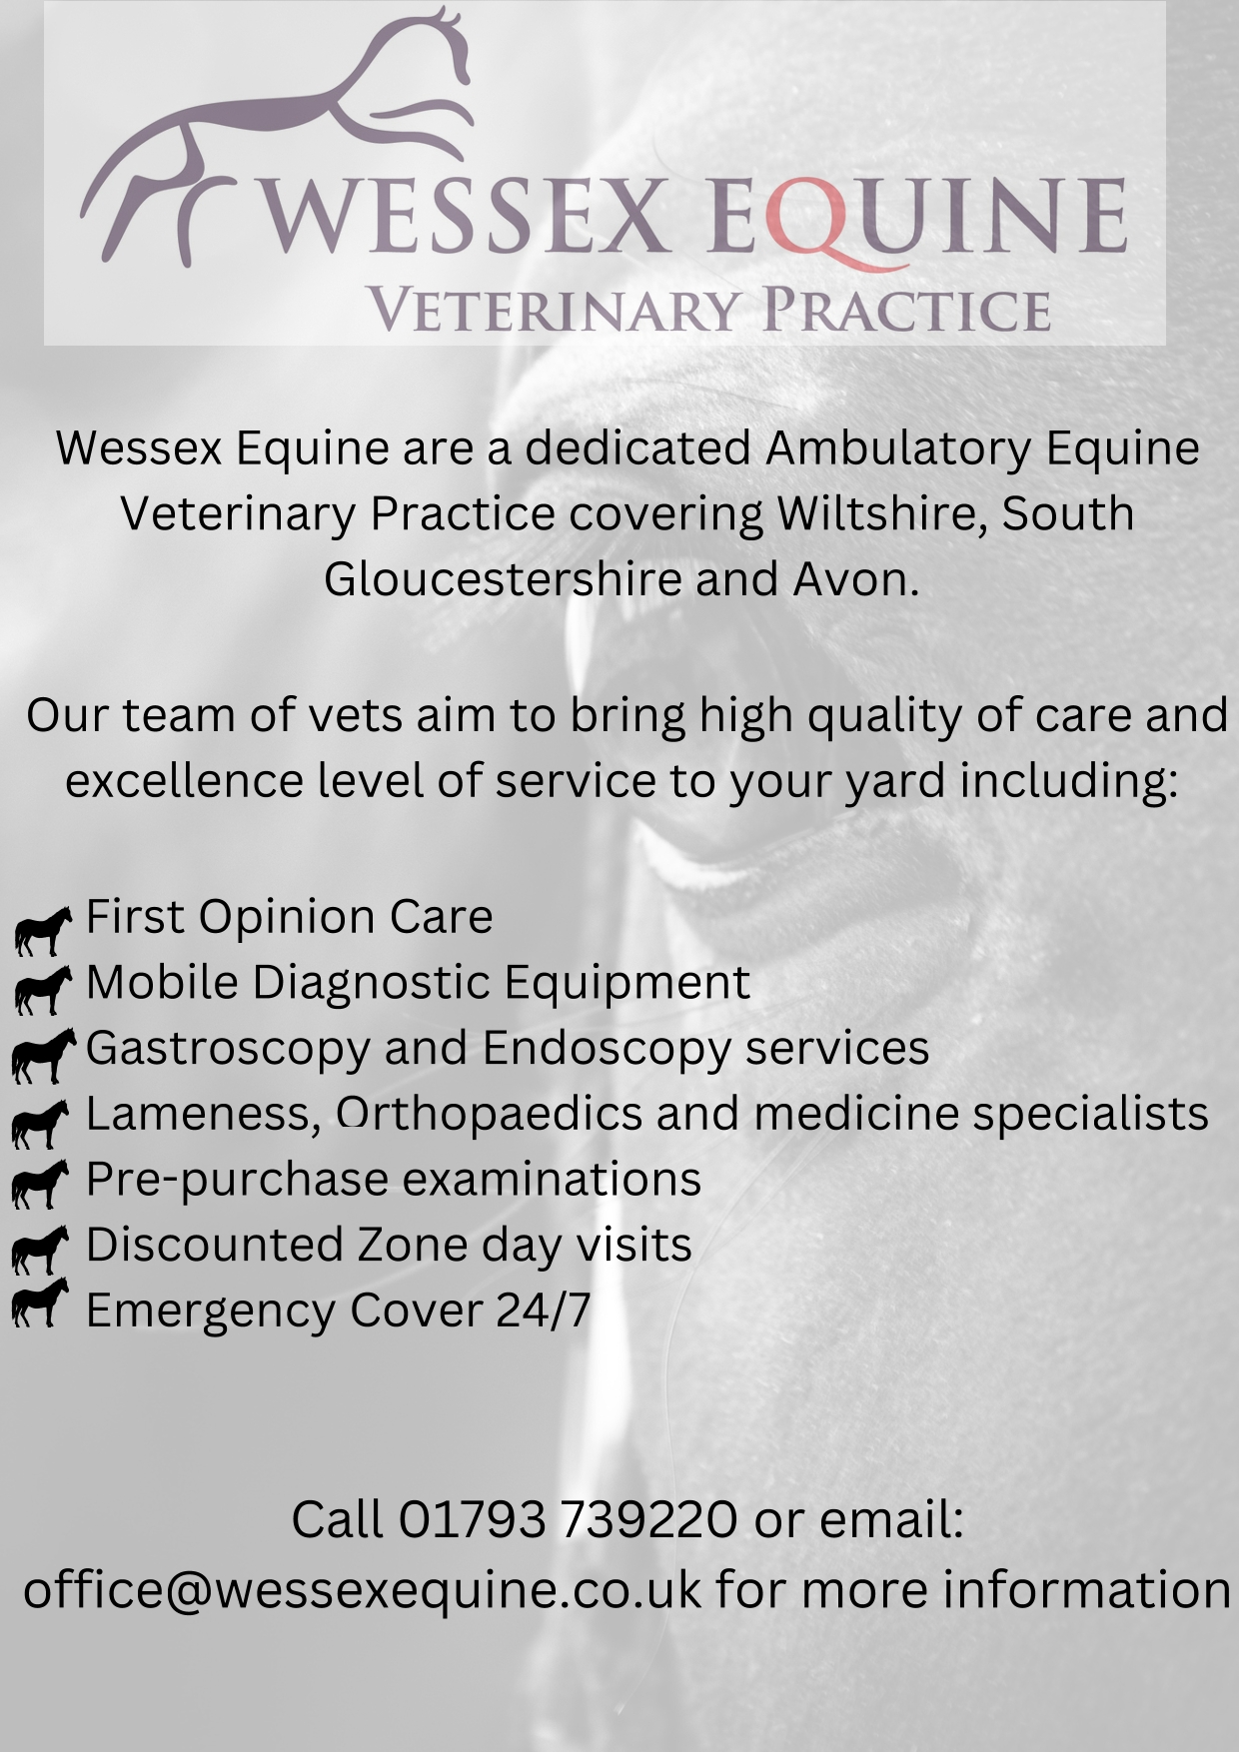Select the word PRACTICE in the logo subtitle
(x=905, y=309)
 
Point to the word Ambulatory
(x=897, y=448)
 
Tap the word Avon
(x=856, y=579)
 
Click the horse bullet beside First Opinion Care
(x=43, y=930)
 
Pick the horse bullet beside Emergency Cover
(x=40, y=1303)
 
